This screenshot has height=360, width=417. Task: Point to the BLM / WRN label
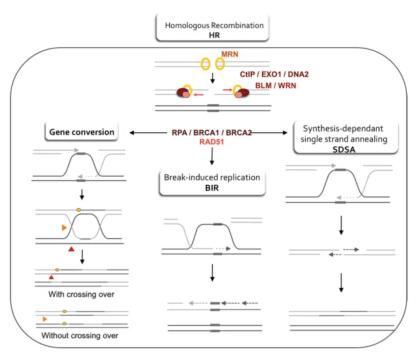275,86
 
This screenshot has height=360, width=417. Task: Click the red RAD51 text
212,141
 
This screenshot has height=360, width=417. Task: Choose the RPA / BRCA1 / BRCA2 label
212,132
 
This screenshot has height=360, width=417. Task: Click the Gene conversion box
82,132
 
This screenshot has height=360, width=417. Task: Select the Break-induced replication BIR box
212,182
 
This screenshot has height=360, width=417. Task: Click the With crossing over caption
81,294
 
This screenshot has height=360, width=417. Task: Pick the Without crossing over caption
79,336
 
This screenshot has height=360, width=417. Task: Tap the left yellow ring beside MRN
205,64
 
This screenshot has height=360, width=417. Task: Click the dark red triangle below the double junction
71,249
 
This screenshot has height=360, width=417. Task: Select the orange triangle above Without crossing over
45,319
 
